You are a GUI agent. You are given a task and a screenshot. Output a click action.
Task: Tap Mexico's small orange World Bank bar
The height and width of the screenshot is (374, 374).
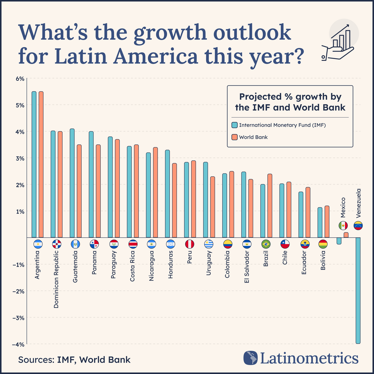coord(346,235)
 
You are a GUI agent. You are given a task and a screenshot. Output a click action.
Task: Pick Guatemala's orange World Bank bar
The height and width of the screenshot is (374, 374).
coord(79,191)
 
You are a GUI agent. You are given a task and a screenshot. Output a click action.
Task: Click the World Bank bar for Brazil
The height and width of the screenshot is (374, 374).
coord(269,206)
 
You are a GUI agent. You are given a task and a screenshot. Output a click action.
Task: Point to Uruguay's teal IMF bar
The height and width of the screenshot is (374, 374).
coord(206,200)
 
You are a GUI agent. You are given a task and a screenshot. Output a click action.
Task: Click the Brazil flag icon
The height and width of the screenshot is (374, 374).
coord(266,244)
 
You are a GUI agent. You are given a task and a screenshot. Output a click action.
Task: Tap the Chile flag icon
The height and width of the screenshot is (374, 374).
coord(285,244)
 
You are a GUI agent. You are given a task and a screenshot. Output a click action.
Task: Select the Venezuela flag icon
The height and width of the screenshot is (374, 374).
coord(358,225)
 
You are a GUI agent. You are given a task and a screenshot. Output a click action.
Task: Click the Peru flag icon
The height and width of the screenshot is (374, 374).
coord(190,244)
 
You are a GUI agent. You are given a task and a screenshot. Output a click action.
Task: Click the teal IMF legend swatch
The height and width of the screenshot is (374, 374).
coord(234,125)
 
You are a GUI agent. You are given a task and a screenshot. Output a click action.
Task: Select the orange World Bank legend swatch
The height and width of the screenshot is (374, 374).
coord(234,137)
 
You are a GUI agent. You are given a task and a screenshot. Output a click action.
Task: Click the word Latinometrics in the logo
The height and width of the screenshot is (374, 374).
coord(309,358)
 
